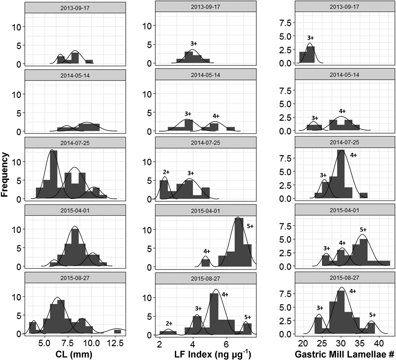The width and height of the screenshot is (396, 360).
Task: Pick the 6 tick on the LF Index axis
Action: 226,344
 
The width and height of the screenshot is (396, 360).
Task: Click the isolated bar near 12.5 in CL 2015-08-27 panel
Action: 118,331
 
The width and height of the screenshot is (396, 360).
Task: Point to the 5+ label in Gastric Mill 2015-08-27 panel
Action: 373,315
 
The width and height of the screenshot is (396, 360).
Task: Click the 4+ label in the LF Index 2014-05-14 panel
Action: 216,116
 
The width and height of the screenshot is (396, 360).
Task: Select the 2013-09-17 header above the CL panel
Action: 75,8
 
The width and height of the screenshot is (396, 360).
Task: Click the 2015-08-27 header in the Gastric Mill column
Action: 344,278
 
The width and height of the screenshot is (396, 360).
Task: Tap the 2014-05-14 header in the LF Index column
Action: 206,75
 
